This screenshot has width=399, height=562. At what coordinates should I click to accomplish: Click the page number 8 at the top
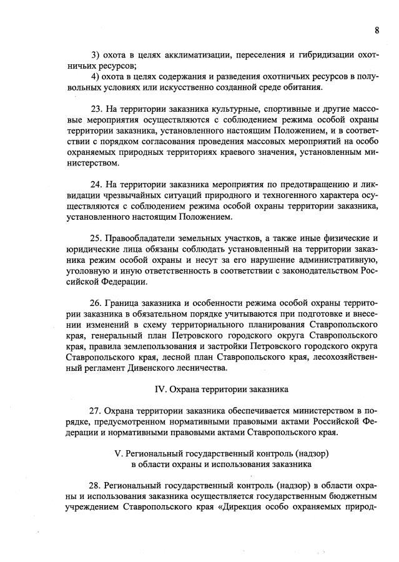point(377,30)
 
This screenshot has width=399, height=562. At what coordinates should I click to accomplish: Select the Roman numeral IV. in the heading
point(160,388)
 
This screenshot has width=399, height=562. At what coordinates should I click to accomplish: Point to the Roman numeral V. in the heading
point(113,452)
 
